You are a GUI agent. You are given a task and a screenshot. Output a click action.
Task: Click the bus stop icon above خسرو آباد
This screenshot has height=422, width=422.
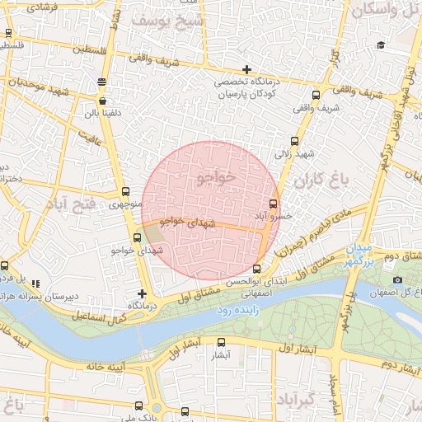tap(274, 204)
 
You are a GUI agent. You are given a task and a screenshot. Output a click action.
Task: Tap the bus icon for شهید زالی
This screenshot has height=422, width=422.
tap(295, 142)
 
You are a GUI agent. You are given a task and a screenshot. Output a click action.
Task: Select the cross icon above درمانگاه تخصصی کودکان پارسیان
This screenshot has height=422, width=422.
tap(246, 68)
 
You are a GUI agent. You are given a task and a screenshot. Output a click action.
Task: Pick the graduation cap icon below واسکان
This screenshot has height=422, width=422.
tap(380, 45)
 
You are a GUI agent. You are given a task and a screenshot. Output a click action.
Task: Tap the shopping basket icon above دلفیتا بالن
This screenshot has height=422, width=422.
tap(101, 82)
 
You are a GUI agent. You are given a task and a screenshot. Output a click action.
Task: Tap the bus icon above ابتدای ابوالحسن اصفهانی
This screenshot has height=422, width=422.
tap(257, 269)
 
